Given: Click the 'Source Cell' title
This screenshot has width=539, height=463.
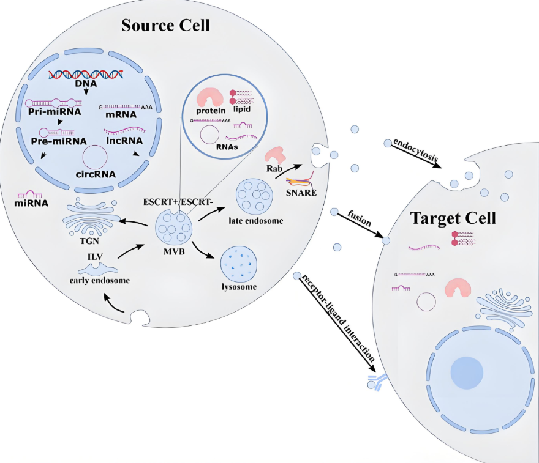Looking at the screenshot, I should tap(165, 25).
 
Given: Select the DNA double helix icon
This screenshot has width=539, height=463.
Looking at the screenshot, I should tap(86, 74).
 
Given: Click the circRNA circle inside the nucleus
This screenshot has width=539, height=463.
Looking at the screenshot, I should tap(96, 158).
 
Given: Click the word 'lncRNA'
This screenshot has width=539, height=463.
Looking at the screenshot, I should tap(124, 140).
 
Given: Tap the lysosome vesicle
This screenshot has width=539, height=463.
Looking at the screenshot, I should tap(238, 262).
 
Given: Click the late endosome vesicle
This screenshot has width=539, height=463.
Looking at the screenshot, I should tap(254, 195).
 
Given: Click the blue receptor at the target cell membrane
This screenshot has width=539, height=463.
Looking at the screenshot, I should tap(375, 382).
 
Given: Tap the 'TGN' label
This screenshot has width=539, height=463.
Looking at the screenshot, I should tap(90, 240).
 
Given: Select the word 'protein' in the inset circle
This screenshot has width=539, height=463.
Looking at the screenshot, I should tap(212, 110).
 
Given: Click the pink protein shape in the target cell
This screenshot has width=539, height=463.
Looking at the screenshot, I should tap(456, 287).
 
